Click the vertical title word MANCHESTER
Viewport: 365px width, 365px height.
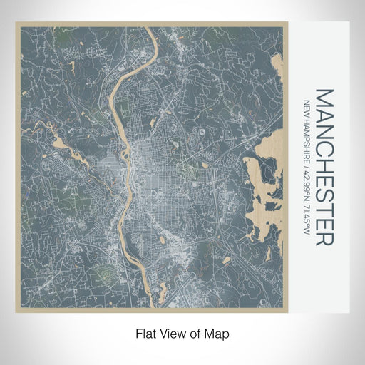(324, 168)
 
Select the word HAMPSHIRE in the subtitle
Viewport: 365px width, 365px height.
(307, 140)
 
